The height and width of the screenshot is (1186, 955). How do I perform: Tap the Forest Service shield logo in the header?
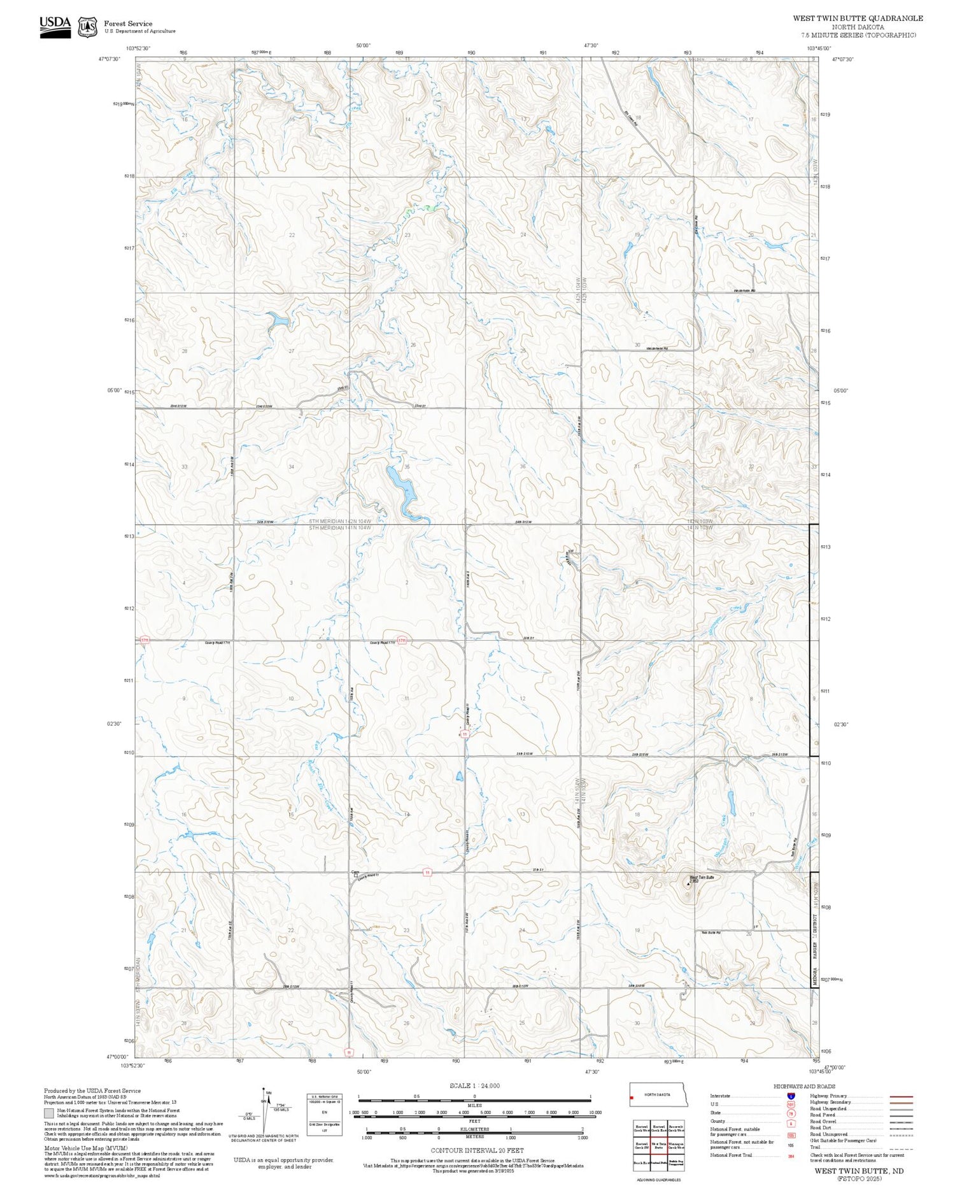coord(87,27)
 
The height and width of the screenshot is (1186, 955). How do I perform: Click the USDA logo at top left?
coord(55,27)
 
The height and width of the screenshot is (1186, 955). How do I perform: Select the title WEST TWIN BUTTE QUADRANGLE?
coord(858,18)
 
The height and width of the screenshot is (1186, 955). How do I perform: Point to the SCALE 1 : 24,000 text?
coord(474,1085)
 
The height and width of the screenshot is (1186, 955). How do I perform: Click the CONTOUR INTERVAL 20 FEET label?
coord(477,1150)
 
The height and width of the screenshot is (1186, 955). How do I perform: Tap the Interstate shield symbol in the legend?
coord(791,1096)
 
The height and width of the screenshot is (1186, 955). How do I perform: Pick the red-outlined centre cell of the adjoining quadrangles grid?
coord(658,1145)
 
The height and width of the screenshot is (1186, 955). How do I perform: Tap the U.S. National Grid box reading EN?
coord(324,1111)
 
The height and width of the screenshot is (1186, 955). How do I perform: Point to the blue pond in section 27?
coord(277,320)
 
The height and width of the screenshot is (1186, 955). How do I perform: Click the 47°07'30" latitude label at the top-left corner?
coord(110,59)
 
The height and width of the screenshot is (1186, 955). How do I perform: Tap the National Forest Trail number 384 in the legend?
coord(791,1155)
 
